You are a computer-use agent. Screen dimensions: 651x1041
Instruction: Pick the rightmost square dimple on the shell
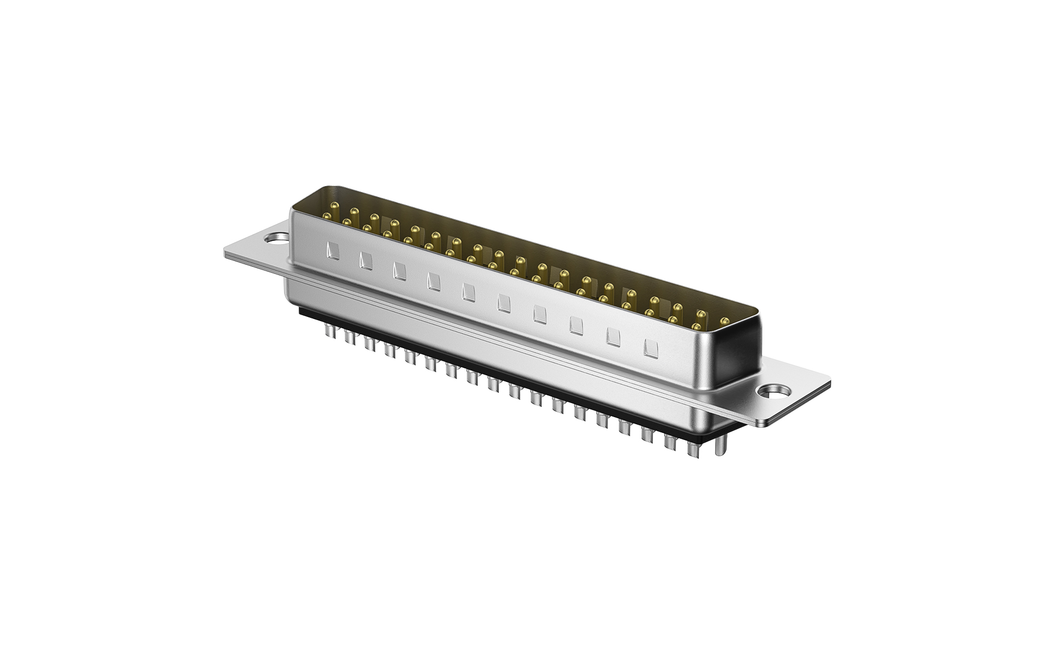click(649, 348)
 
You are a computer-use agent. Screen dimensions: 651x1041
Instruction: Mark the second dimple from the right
click(613, 337)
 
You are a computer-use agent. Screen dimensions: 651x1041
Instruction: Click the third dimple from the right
click(576, 326)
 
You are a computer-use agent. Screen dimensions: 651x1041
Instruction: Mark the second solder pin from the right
click(692, 448)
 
